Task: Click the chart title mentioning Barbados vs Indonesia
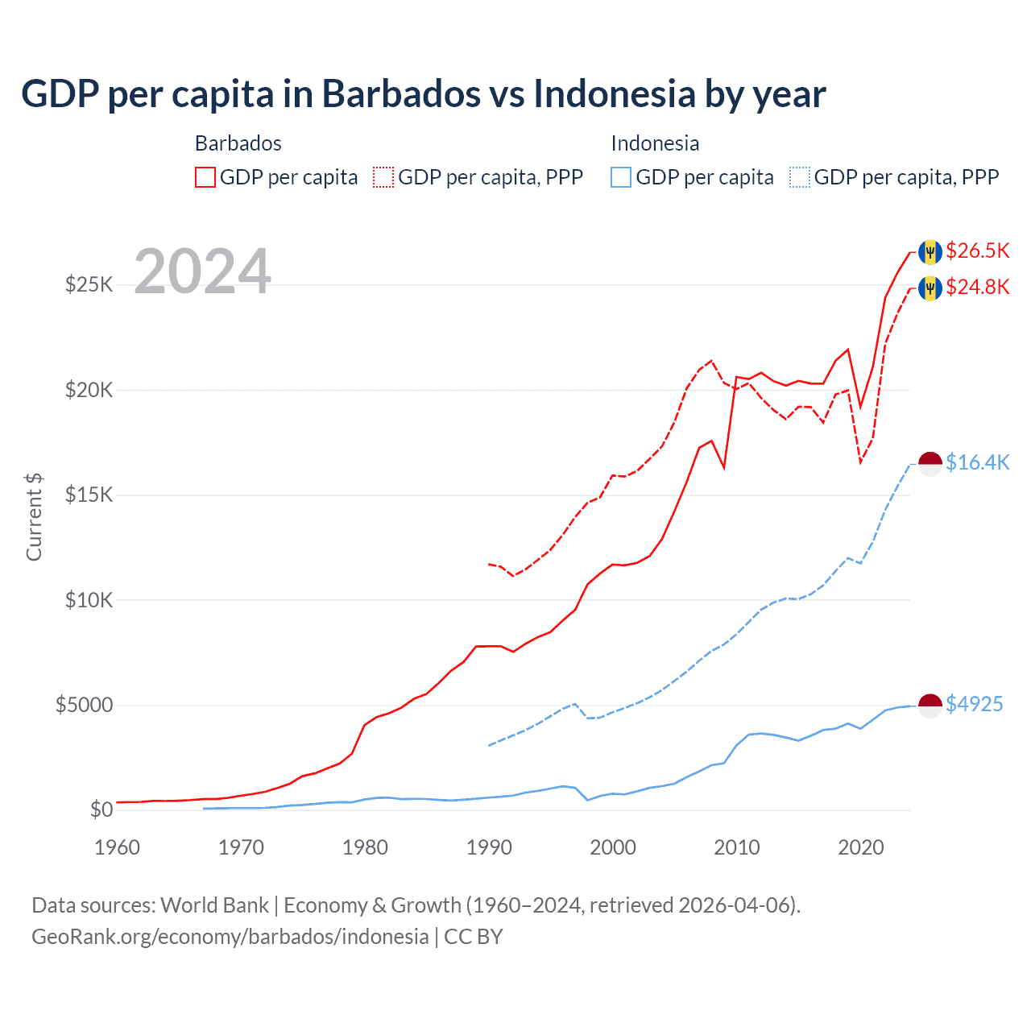click(x=423, y=93)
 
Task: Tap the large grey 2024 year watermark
click(x=202, y=271)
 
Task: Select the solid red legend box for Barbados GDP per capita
click(x=205, y=177)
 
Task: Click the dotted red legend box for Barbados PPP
click(x=383, y=177)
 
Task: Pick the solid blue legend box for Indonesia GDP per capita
click(x=621, y=177)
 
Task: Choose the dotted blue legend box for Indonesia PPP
click(x=800, y=177)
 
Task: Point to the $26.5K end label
click(x=977, y=251)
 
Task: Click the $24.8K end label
click(x=977, y=287)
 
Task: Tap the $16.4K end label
click(x=977, y=462)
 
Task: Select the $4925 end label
click(x=974, y=704)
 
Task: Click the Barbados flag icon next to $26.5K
click(x=930, y=251)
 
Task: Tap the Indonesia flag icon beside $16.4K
click(x=930, y=463)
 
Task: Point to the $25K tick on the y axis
click(x=89, y=284)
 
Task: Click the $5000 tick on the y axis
click(x=84, y=705)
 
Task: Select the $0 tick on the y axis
click(x=101, y=809)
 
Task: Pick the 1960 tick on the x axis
click(x=117, y=847)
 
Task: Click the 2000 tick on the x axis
click(x=613, y=847)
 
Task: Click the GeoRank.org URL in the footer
click(x=230, y=937)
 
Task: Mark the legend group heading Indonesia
click(x=655, y=143)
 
